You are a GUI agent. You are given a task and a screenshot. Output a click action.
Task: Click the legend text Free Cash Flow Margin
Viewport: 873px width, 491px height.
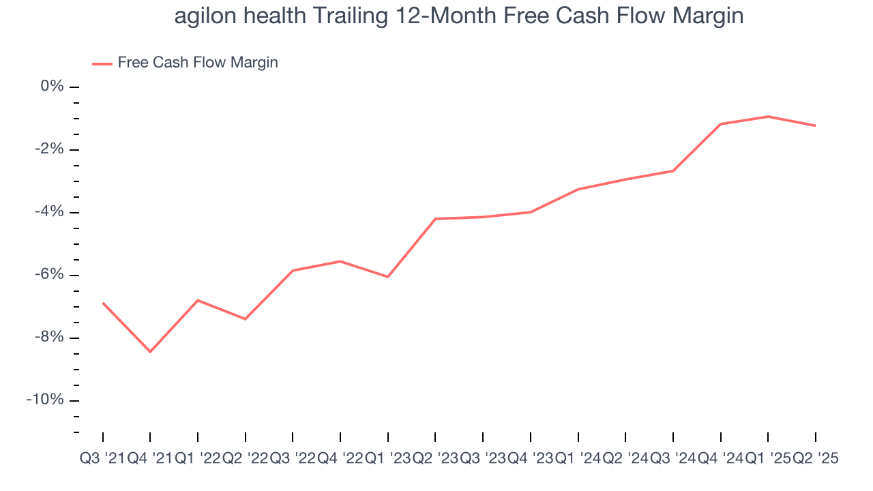pos(198,63)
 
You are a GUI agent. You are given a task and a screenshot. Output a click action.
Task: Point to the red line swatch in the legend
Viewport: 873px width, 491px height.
pos(102,63)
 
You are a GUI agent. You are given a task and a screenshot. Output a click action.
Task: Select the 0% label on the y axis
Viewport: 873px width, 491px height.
pos(52,87)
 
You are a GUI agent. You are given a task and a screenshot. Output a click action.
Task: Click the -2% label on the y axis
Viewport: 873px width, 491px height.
pos(49,149)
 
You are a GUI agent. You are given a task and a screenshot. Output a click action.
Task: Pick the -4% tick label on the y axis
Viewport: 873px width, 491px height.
pos(49,212)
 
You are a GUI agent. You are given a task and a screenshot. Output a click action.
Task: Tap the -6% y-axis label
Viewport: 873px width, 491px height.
pos(49,275)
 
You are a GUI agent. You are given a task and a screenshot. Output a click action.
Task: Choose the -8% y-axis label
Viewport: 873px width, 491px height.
pos(49,338)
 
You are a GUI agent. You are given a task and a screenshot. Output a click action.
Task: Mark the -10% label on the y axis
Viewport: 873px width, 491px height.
pos(46,400)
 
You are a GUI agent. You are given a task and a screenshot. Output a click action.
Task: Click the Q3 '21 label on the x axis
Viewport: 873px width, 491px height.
pos(102,459)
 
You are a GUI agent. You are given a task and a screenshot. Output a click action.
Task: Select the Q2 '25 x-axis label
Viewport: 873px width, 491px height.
pos(815,459)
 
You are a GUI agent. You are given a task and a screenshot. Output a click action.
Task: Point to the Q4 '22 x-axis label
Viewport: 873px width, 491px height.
pos(340,459)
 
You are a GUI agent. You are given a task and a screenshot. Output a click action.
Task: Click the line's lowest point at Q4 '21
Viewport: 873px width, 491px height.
pos(150,352)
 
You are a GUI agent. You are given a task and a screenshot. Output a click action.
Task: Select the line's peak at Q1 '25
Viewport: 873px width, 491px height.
pos(768,117)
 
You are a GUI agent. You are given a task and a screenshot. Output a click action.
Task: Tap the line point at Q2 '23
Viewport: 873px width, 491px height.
pos(435,219)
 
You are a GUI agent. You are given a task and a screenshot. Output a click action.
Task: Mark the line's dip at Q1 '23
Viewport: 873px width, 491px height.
pos(387,277)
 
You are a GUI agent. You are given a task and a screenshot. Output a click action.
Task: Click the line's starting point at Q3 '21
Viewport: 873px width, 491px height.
pos(103,303)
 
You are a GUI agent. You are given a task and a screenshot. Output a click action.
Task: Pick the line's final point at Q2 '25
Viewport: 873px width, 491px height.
pos(815,125)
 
